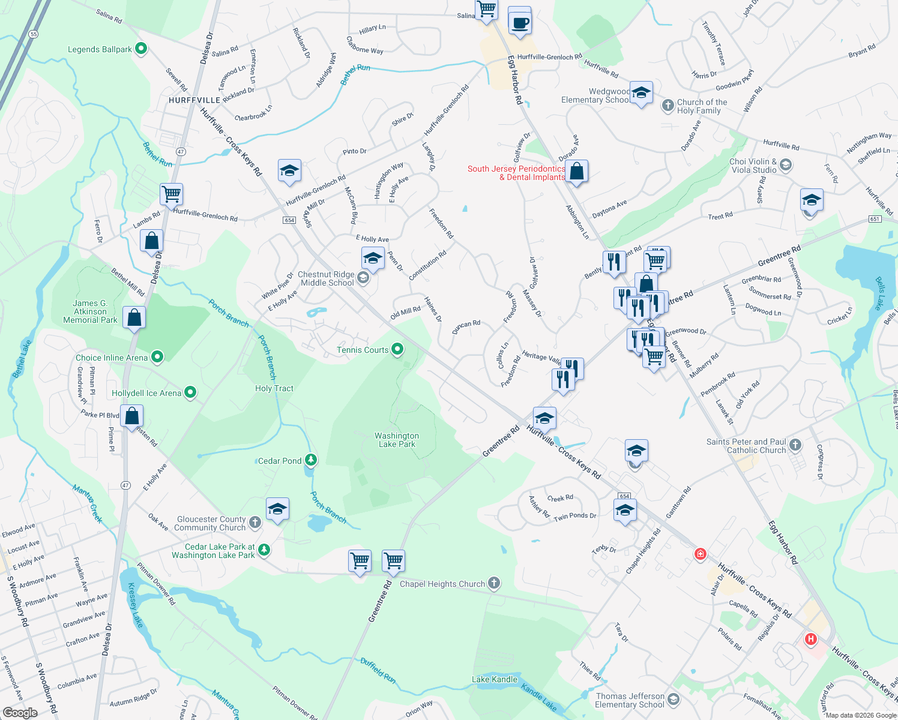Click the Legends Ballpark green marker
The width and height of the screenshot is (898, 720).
141,49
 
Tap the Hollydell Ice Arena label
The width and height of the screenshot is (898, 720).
146,393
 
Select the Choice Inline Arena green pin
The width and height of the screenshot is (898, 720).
157,358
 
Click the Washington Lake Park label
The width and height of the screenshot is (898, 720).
397,440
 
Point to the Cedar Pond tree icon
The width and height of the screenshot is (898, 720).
311,460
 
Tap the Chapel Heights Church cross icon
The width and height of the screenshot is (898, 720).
493,583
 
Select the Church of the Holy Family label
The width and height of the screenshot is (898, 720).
702,106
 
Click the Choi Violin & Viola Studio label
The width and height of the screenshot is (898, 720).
753,166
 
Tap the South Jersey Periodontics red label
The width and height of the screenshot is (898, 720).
516,173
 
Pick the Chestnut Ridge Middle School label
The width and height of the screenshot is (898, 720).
327,278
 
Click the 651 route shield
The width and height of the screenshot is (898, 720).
875,219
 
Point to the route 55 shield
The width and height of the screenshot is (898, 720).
33,34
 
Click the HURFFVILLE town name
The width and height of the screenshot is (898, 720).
194,100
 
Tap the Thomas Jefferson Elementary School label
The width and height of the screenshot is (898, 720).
630,700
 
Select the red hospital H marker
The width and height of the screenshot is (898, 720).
811,639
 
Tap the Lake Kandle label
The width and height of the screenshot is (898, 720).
495,679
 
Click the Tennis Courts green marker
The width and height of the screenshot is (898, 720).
397,349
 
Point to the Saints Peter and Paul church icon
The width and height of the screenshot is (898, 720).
795,445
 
